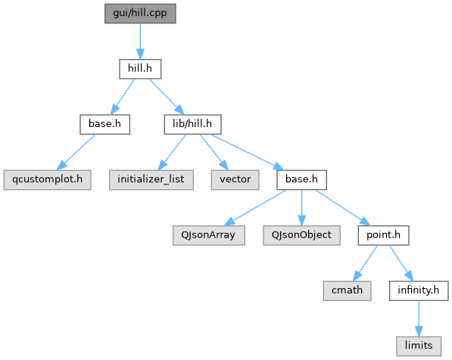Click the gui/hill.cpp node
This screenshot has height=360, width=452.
pyautogui.click(x=140, y=14)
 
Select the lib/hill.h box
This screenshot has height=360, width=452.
pyautogui.click(x=192, y=125)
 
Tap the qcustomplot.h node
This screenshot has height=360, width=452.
pyautogui.click(x=47, y=180)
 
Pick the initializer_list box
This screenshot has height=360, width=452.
pyautogui.click(x=151, y=180)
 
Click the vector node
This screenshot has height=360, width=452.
pyautogui.click(x=235, y=180)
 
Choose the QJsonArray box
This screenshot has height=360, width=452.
pyautogui.click(x=209, y=235)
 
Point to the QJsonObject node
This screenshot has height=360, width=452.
pyautogui.click(x=301, y=235)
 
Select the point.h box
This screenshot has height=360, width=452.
pyautogui.click(x=383, y=235)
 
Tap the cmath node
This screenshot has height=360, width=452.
pyautogui.click(x=347, y=291)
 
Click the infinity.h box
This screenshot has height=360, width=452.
pyautogui.click(x=419, y=291)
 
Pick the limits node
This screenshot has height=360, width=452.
pyautogui.click(x=419, y=346)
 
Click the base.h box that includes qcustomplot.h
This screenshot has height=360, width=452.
pyautogui.click(x=105, y=125)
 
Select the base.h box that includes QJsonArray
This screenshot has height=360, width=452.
pyautogui.click(x=301, y=180)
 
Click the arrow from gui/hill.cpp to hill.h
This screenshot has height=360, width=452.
pyautogui.click(x=140, y=41)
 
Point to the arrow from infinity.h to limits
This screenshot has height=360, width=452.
pyautogui.click(x=419, y=318)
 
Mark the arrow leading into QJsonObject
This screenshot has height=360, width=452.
pyautogui.click(x=301, y=208)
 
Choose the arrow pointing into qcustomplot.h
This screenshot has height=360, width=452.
pyautogui.click(x=76, y=152)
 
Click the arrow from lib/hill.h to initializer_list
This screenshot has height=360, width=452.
pyautogui.click(x=172, y=152)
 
